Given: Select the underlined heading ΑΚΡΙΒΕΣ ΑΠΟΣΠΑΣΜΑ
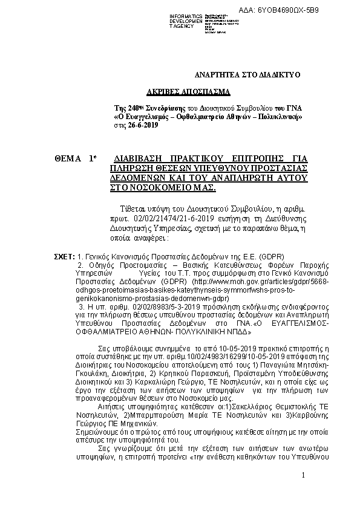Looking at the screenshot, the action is tap(188, 92).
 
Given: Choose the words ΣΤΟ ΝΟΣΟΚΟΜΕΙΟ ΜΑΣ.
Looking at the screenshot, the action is tap(159, 188).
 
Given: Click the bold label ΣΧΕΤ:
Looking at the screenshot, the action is tap(64, 257).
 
